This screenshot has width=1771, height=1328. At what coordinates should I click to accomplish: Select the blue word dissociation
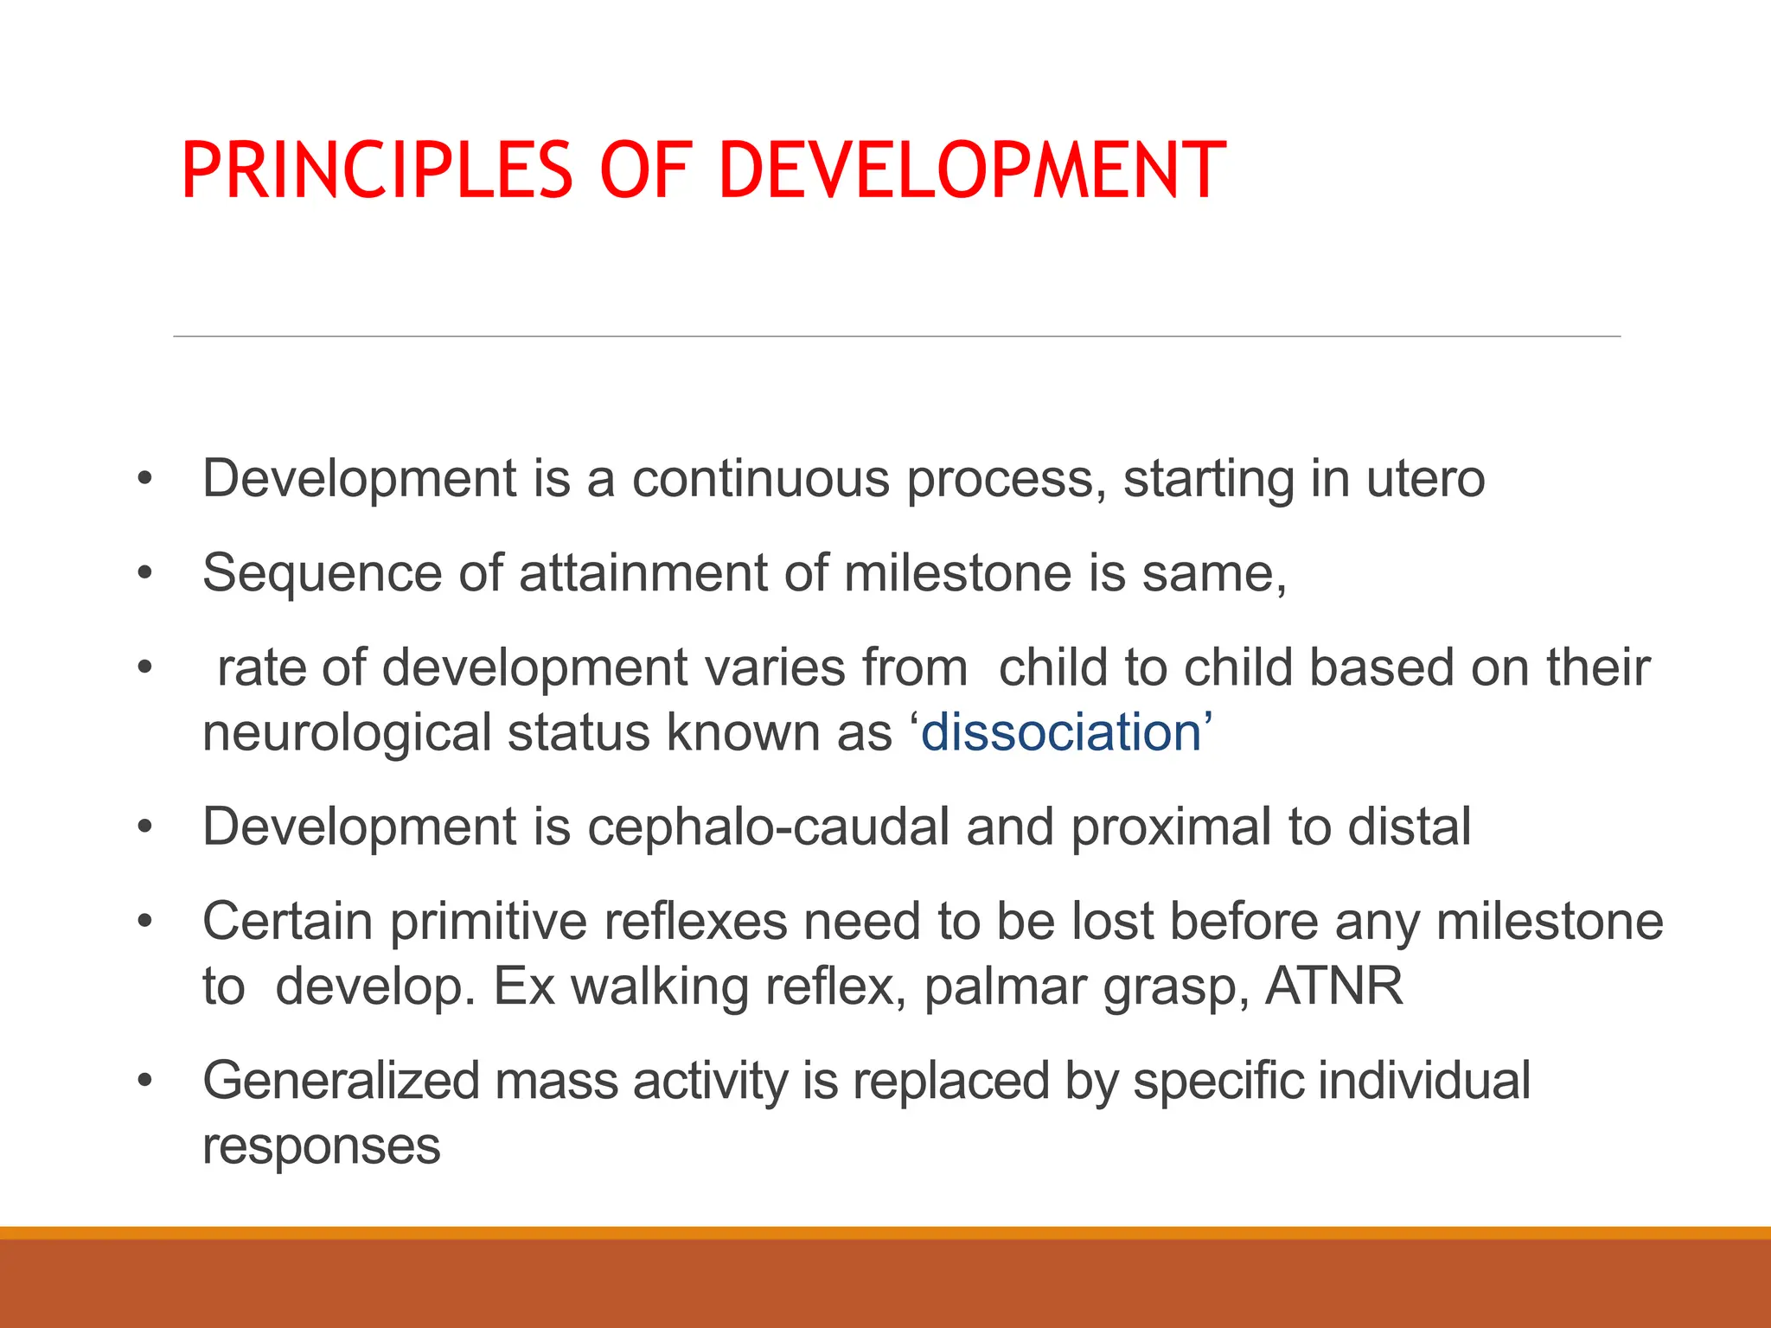point(1061,732)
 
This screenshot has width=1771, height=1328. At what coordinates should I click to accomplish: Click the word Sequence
point(322,572)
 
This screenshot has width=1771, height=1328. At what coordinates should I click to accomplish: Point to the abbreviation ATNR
point(1334,986)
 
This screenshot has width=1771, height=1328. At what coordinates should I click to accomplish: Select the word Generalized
point(341,1082)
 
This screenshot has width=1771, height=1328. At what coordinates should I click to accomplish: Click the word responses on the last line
point(322,1147)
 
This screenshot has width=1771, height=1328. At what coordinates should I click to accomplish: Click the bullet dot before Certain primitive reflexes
point(144,922)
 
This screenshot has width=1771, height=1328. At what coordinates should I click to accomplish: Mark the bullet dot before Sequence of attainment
point(144,572)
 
